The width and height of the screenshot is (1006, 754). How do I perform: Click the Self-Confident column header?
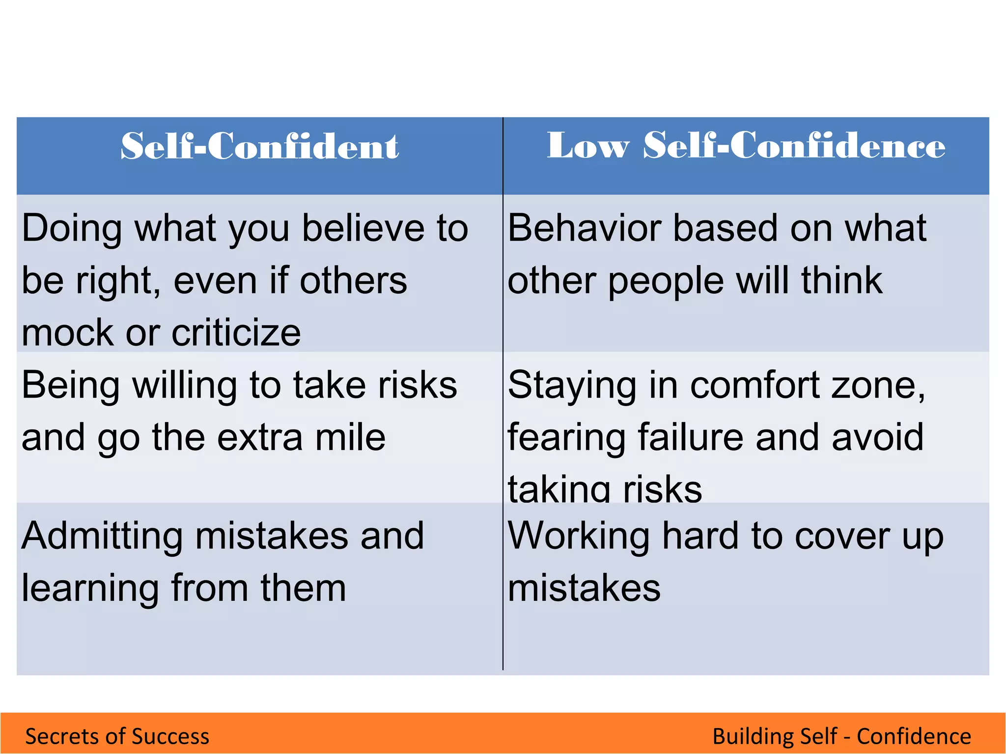tap(259, 146)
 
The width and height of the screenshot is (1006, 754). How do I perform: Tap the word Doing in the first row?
tap(72, 228)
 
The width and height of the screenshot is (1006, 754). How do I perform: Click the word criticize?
tap(236, 333)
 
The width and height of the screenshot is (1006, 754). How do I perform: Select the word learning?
tap(90, 589)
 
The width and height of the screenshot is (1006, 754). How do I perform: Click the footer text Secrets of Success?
tap(117, 736)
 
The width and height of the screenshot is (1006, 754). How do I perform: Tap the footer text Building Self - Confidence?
tap(841, 736)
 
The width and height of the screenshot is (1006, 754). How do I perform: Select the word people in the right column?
tap(666, 281)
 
